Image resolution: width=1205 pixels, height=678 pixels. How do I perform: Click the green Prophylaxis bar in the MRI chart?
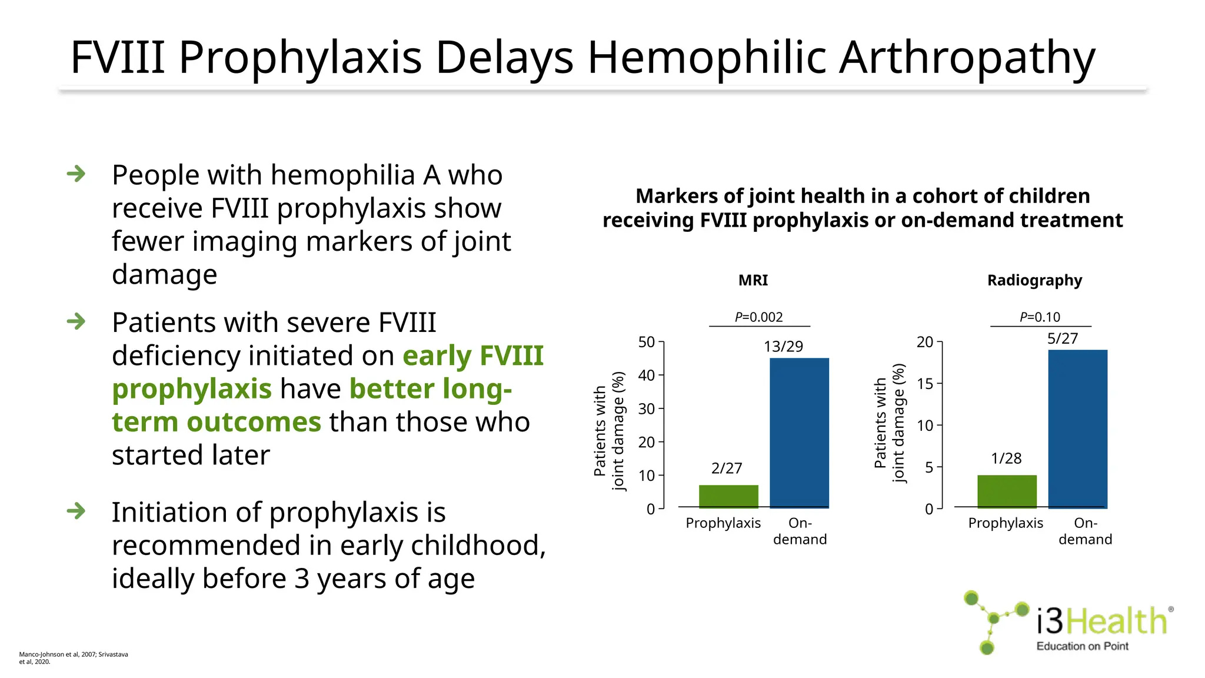pyautogui.click(x=728, y=496)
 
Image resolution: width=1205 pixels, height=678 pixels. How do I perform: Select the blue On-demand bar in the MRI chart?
pyautogui.click(x=799, y=433)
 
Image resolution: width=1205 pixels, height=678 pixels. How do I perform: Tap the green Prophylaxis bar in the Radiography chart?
pyautogui.click(x=1007, y=491)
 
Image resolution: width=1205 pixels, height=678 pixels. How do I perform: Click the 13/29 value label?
pyautogui.click(x=783, y=347)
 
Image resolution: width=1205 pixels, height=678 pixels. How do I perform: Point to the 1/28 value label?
pyautogui.click(x=1006, y=458)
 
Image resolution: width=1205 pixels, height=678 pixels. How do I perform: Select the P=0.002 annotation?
pyautogui.click(x=758, y=317)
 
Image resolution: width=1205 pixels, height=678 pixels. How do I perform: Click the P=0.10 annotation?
pyautogui.click(x=1040, y=317)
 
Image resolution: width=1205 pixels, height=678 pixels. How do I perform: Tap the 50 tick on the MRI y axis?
pyautogui.click(x=647, y=342)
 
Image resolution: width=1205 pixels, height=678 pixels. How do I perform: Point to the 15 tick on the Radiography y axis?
pyautogui.click(x=925, y=384)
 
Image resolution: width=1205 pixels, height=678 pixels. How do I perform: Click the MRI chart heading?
pyautogui.click(x=753, y=280)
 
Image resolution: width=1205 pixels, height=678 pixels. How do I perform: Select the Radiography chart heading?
pyautogui.click(x=1034, y=280)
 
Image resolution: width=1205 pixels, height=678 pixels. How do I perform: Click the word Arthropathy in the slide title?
pyautogui.click(x=967, y=58)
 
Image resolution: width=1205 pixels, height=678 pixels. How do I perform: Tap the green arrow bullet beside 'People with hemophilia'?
pyautogui.click(x=76, y=174)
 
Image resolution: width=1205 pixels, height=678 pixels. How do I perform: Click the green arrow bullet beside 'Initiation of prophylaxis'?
pyautogui.click(x=76, y=511)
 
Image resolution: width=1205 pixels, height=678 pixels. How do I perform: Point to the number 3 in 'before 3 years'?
pyautogui.click(x=302, y=579)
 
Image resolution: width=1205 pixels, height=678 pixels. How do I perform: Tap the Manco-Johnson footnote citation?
pyautogui.click(x=74, y=657)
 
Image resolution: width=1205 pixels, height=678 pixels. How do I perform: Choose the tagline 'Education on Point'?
pyautogui.click(x=1082, y=646)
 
